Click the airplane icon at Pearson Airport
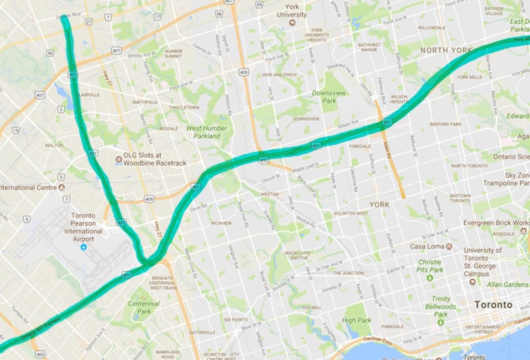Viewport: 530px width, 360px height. tap(83, 248)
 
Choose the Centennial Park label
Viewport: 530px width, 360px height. tap(143, 307)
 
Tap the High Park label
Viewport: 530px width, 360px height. tap(356, 321)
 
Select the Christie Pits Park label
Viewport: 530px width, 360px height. tap(430, 266)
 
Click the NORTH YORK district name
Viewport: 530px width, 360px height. tap(446, 50)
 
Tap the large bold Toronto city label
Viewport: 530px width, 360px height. tap(495, 305)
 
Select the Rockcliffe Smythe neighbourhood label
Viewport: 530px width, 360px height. tap(297, 255)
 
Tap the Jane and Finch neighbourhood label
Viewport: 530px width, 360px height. tap(278, 75)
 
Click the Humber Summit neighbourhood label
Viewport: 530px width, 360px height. tap(173, 54)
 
